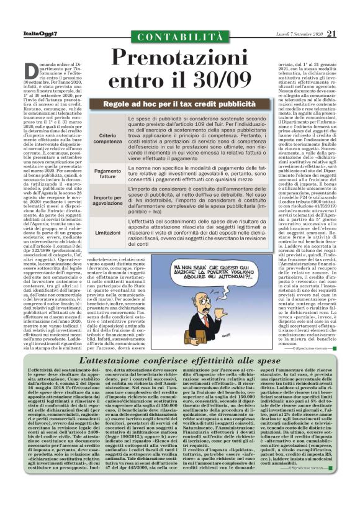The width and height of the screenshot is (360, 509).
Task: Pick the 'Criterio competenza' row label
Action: click(x=110, y=138)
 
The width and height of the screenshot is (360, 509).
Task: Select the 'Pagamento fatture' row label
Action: click(x=110, y=173)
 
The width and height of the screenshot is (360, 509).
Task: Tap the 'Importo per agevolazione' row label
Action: click(x=110, y=199)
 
